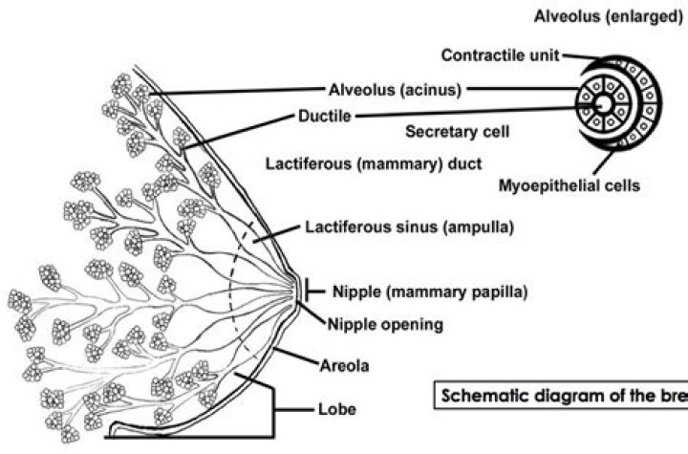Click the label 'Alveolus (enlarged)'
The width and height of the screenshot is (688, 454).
608,16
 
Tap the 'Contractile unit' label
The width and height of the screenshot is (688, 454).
501,54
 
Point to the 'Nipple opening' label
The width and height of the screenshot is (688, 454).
387,324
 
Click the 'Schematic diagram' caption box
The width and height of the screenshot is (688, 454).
560,395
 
